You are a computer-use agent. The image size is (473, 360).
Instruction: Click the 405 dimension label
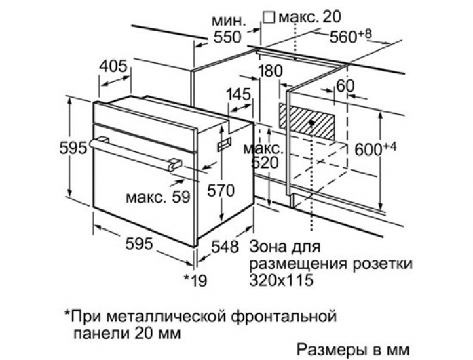click(x=113, y=66)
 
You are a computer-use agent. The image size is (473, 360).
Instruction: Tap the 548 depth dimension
click(x=225, y=246)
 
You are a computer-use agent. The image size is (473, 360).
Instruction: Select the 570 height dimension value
click(x=221, y=191)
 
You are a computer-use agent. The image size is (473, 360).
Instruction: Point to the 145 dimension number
click(x=239, y=94)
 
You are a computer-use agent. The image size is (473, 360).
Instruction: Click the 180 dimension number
click(x=270, y=71)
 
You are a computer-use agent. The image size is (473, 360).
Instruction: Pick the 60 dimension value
click(x=345, y=86)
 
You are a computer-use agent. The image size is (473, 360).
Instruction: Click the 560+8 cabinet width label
click(x=351, y=37)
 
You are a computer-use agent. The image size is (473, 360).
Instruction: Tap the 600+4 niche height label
click(x=375, y=149)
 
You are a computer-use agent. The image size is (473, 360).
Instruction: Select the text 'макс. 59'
click(x=158, y=197)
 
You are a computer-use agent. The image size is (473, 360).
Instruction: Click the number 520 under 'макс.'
click(x=265, y=163)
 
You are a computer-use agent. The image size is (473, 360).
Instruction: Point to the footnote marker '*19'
click(x=195, y=281)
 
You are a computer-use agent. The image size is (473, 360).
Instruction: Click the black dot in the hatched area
click(x=311, y=123)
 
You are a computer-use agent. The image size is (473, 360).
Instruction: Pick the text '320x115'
click(x=281, y=280)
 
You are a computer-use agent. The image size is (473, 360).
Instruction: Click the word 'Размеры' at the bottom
click(x=330, y=350)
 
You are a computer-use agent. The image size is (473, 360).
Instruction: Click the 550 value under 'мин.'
click(x=227, y=37)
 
